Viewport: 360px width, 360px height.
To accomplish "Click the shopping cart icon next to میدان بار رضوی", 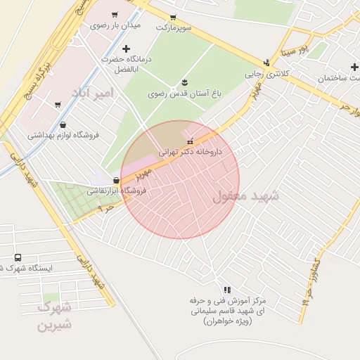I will point(115,13).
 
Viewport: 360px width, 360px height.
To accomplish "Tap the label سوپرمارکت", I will point(174,27).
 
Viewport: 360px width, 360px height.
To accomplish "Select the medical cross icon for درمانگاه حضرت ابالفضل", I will point(126,49).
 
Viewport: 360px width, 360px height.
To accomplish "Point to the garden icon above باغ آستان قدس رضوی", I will point(184,82).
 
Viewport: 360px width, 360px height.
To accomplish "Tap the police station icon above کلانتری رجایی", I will point(266,62).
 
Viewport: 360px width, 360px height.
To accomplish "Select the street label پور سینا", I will point(292,49).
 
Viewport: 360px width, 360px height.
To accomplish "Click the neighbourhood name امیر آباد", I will point(91,93).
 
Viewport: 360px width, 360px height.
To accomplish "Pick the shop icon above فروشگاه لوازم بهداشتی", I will point(63,124).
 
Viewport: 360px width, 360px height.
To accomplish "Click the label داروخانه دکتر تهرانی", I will point(190,151).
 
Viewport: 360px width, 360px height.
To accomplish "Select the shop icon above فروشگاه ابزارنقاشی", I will point(115,180).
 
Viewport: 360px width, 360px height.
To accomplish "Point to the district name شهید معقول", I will point(245,196).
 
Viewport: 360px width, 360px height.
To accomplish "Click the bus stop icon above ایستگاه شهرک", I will point(18,257).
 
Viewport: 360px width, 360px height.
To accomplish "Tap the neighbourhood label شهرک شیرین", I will point(55,316).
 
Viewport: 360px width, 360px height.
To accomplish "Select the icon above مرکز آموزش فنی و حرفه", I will point(226,290).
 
